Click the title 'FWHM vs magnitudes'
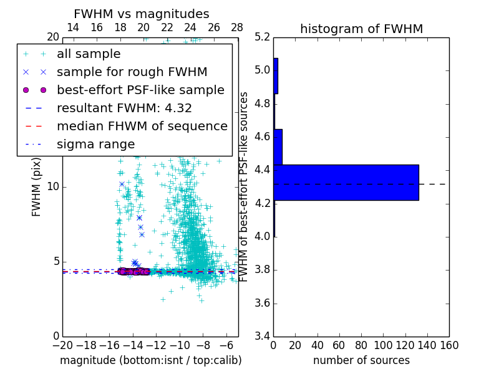point(142,14)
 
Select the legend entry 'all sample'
point(89,54)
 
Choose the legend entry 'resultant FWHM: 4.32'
point(124,108)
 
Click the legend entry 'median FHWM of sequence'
point(142,126)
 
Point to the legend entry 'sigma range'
point(95,144)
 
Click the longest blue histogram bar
point(346,182)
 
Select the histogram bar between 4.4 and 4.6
point(278,146)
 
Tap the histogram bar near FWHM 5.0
point(276,76)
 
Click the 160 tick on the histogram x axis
point(449,345)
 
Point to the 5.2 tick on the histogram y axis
point(263,37)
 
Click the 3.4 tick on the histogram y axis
point(263,337)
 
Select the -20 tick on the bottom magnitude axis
point(62,345)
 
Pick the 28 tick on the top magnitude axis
point(237,27)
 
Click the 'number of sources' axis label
point(361,360)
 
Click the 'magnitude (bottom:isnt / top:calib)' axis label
point(150,360)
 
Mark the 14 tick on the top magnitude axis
point(73,27)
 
